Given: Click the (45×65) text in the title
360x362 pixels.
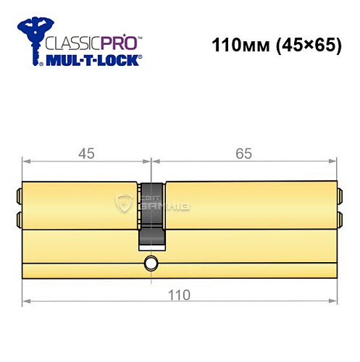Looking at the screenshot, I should (301, 45).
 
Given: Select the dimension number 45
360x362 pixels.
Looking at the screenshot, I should (86, 153).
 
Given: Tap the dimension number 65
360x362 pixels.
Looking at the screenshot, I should (246, 153).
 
